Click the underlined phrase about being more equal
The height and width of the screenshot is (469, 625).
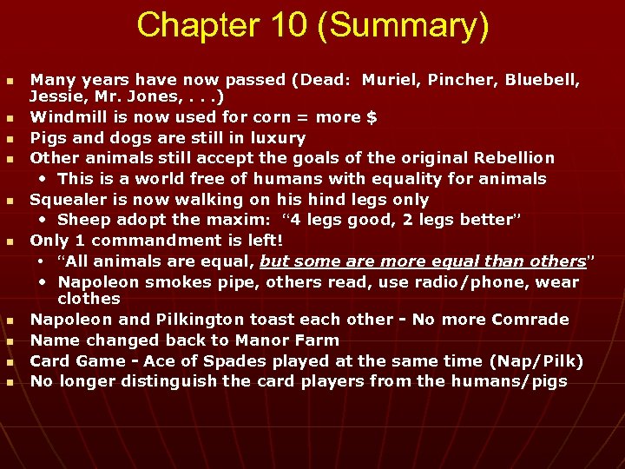pyautogui.click(x=423, y=261)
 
